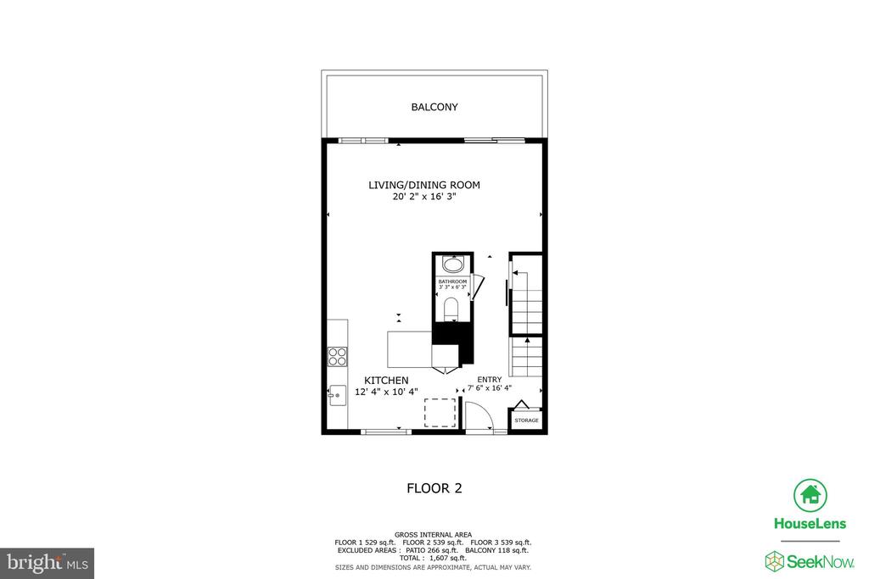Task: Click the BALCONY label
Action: pyautogui.click(x=434, y=108)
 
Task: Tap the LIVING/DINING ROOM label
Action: pyautogui.click(x=429, y=185)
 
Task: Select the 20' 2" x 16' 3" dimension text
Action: pyautogui.click(x=429, y=197)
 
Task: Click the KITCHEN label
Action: pyautogui.click(x=387, y=380)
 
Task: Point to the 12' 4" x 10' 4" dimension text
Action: pyautogui.click(x=387, y=392)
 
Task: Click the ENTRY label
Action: pyautogui.click(x=490, y=379)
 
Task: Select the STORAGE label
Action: pyautogui.click(x=526, y=420)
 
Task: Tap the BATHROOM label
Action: pyautogui.click(x=452, y=281)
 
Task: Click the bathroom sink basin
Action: pyautogui.click(x=452, y=264)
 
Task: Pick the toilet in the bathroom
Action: pyautogui.click(x=451, y=308)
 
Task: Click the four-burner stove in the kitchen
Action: pyautogui.click(x=337, y=356)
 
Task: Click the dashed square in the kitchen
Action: pyautogui.click(x=440, y=413)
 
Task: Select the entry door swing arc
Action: pyautogui.click(x=479, y=416)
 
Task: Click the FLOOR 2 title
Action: pyautogui.click(x=434, y=488)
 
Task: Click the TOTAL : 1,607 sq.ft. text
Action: pyautogui.click(x=433, y=558)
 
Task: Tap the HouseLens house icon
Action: pyautogui.click(x=810, y=494)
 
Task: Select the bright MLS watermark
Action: pyautogui.click(x=47, y=562)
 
